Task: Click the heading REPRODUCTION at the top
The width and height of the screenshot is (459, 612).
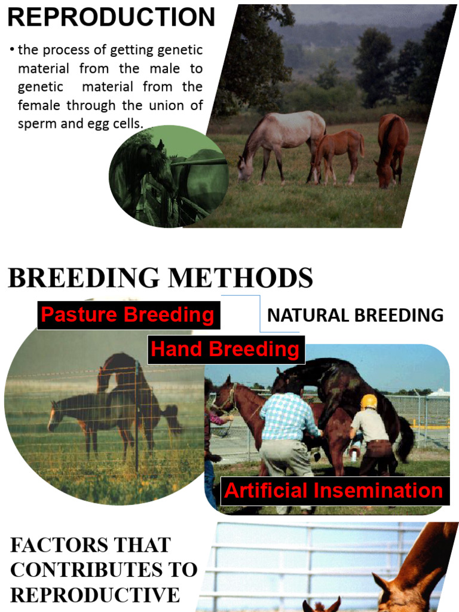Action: (x=111, y=17)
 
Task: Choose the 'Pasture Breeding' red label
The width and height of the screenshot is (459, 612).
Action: (x=128, y=315)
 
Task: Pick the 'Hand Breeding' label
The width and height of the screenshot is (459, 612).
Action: (x=225, y=349)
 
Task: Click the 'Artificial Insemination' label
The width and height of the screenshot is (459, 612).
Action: (x=333, y=491)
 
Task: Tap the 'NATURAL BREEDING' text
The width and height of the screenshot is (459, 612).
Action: (x=355, y=316)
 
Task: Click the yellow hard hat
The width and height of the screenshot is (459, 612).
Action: (x=369, y=402)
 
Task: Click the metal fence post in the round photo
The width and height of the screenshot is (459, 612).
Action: (x=137, y=418)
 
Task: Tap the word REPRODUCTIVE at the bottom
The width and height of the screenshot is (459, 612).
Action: (x=95, y=595)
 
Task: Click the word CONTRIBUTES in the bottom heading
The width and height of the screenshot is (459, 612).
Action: (x=104, y=570)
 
